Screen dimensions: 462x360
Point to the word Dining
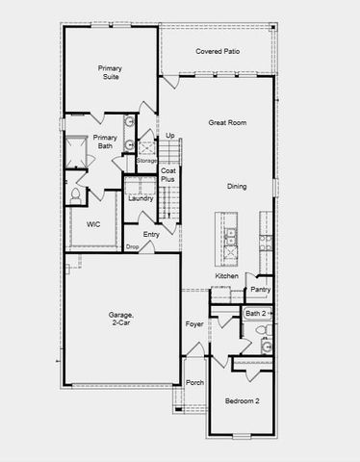pyautogui.click(x=237, y=186)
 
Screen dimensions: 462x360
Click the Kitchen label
pyautogui.click(x=226, y=276)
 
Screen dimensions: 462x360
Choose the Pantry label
pyautogui.click(x=259, y=289)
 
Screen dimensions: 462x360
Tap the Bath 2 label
pyautogui.click(x=255, y=314)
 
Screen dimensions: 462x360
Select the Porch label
pyautogui.click(x=194, y=382)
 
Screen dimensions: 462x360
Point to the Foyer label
pyautogui.click(x=194, y=324)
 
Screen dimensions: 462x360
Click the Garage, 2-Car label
pyautogui.click(x=121, y=321)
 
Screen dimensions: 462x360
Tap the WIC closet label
pyautogui.click(x=93, y=224)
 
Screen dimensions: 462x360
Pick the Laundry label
pyautogui.click(x=141, y=198)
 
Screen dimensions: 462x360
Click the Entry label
pyautogui.click(x=151, y=234)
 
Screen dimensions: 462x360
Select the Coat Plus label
pyautogui.click(x=167, y=175)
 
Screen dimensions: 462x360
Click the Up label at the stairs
pyautogui.click(x=169, y=136)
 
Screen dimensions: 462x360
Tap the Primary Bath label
pyautogui.click(x=105, y=141)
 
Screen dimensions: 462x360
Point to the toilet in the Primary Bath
pyautogui.click(x=75, y=194)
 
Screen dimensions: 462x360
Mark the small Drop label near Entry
pyautogui.click(x=132, y=247)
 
